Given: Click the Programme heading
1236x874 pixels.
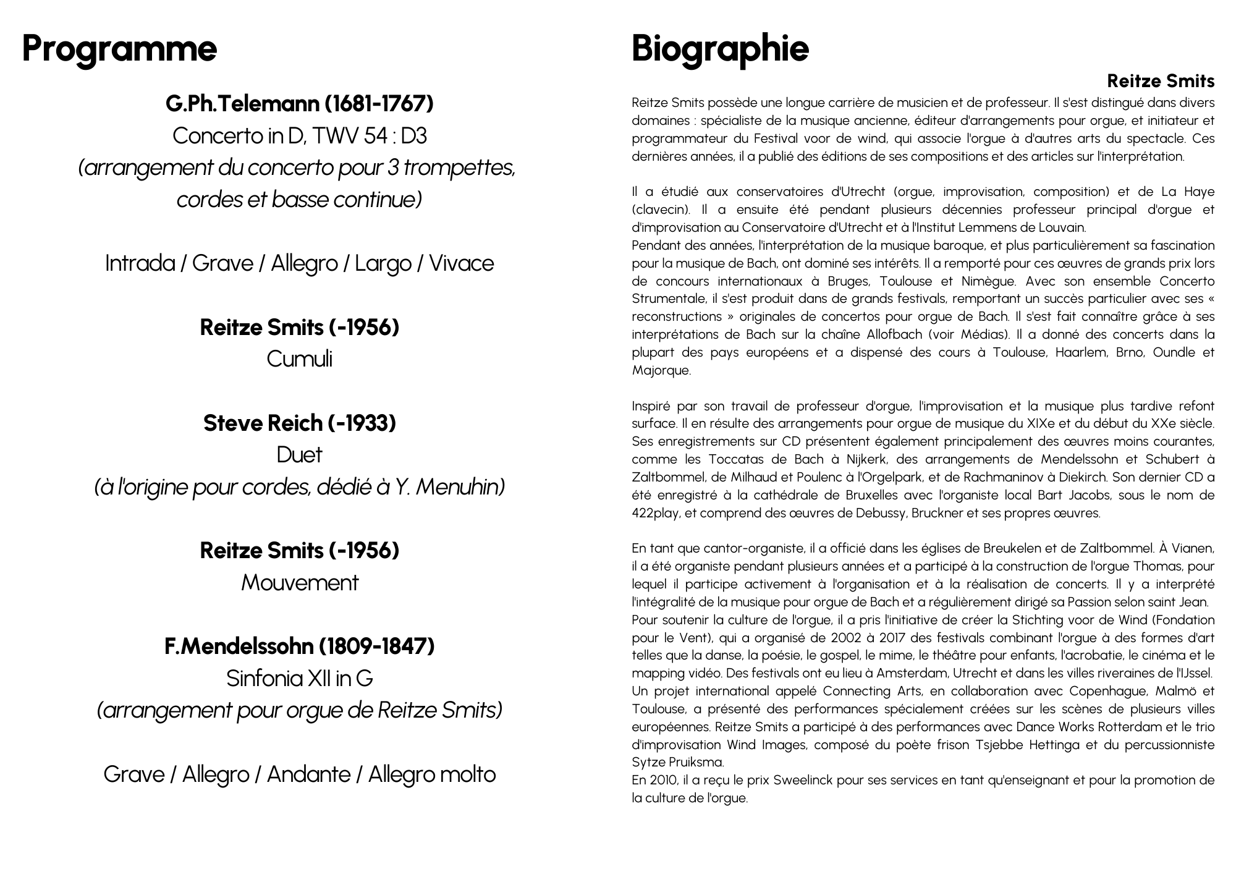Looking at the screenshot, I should pyautogui.click(x=119, y=48).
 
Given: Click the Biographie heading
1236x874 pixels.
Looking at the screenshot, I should pyautogui.click(x=720, y=48).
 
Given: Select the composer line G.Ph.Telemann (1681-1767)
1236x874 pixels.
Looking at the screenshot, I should pyautogui.click(x=299, y=103).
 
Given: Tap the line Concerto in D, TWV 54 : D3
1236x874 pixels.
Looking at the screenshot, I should pyautogui.click(x=299, y=135).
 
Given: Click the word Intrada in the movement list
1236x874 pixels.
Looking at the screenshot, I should pyautogui.click(x=140, y=263).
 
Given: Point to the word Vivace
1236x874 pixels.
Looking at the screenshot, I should pyautogui.click(x=461, y=263).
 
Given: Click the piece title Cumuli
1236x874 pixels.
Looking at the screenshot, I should pyautogui.click(x=299, y=359).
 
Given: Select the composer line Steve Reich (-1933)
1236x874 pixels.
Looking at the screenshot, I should pyautogui.click(x=299, y=423).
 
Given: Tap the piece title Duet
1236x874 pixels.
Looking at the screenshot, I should pyautogui.click(x=299, y=455).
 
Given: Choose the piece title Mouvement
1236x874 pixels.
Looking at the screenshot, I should pyautogui.click(x=299, y=583).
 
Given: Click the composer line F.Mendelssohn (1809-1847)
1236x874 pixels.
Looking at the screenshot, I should pyautogui.click(x=299, y=647).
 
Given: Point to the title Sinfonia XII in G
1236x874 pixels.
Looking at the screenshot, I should pyautogui.click(x=299, y=679).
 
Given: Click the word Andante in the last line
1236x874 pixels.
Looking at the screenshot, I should pyautogui.click(x=308, y=774).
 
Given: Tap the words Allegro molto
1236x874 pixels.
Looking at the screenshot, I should pyautogui.click(x=432, y=774).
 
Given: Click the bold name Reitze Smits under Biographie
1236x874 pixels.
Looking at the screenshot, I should pyautogui.click(x=1161, y=81).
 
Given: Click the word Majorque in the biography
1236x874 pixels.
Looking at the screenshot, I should pyautogui.click(x=660, y=371).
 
